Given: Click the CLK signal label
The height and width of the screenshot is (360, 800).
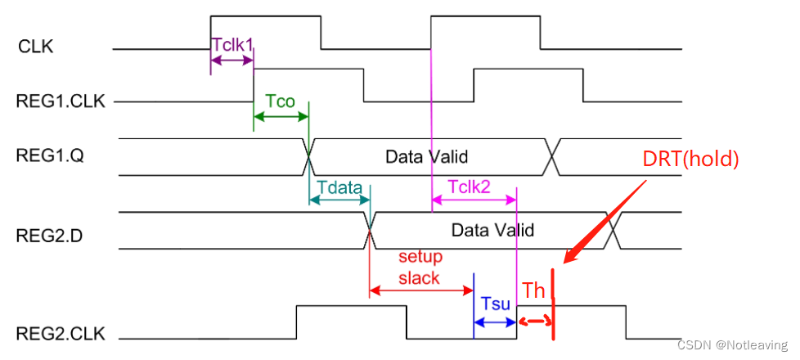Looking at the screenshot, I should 35,47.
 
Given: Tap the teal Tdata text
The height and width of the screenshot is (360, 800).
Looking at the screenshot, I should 339,187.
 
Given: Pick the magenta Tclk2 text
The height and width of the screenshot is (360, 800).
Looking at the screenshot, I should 470,187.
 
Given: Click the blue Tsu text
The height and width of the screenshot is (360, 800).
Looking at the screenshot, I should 496,304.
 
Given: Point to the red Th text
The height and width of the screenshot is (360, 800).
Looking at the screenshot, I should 534,291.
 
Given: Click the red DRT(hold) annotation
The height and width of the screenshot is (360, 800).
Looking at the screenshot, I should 691,160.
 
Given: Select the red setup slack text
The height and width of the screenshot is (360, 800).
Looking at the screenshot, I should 419,267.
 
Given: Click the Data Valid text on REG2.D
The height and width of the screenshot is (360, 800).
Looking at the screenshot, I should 492,230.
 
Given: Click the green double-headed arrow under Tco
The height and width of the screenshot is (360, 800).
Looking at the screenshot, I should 281,119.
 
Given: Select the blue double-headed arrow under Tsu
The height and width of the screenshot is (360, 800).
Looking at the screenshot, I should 496,323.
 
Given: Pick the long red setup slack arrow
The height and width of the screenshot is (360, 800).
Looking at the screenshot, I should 421,289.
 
